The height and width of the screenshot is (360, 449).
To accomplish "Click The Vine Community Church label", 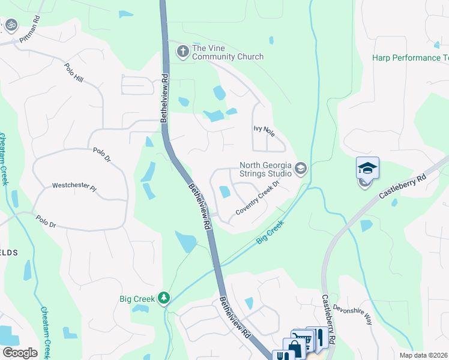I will [x=228, y=52].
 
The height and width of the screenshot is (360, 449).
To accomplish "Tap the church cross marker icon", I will [x=182, y=52].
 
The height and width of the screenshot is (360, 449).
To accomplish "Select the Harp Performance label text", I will [x=411, y=58].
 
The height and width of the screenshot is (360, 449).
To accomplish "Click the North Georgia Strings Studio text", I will [x=265, y=169].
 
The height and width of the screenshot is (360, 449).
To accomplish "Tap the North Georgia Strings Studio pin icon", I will [x=301, y=170].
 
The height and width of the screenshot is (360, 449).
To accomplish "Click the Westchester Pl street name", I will [x=74, y=187].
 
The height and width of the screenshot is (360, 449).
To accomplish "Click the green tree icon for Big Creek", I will [x=163, y=298].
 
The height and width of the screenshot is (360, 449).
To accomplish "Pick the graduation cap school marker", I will [x=367, y=169].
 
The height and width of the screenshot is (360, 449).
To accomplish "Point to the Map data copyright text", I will [x=423, y=355].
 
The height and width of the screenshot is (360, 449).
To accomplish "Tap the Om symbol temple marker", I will [x=11, y=25].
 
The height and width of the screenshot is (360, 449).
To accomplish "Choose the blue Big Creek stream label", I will [x=270, y=233].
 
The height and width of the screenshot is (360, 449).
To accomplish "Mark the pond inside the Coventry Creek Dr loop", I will [x=225, y=192].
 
